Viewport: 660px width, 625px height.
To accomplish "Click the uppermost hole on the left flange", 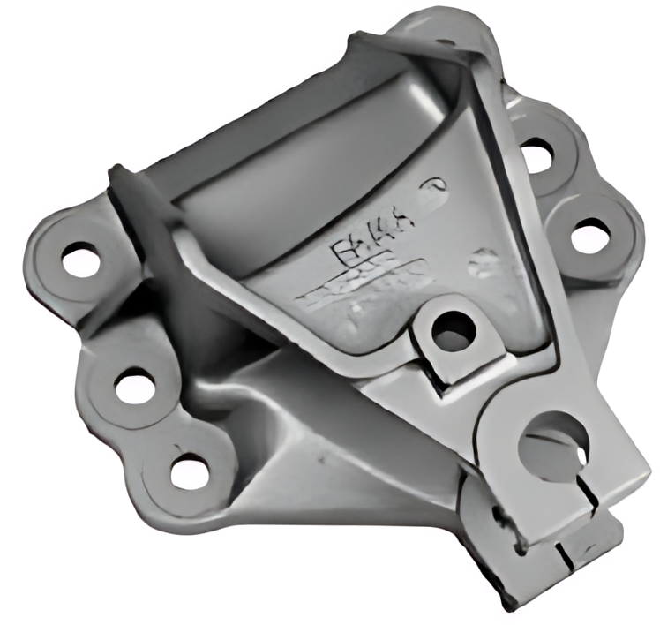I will tap(81, 259).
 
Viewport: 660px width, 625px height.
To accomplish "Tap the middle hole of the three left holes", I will tap(134, 386).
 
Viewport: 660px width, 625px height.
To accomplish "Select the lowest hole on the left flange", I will tap(190, 471).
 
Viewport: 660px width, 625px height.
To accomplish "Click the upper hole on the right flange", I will tap(536, 156).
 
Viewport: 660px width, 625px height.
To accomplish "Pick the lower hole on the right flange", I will tap(590, 236).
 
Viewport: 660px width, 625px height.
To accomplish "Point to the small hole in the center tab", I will tap(454, 331).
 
